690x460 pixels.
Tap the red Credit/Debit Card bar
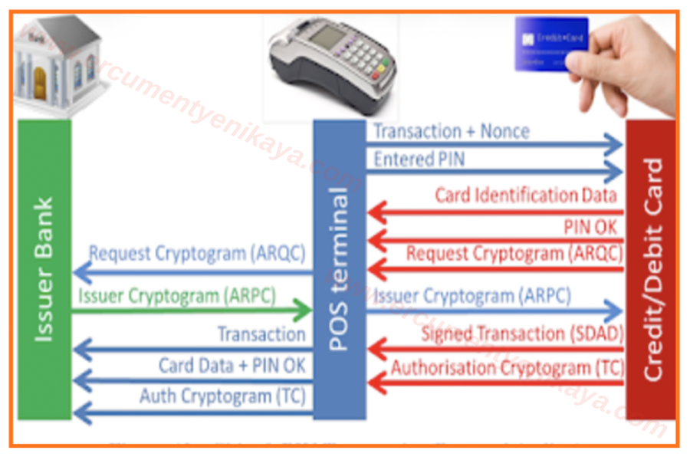pyautogui.click(x=651, y=268)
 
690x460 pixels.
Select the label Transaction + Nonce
pyautogui.click(x=452, y=131)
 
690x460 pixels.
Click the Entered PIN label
pyautogui.click(x=419, y=159)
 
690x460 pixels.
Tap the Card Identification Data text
pyautogui.click(x=526, y=195)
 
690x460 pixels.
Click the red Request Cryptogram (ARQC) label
pyautogui.click(x=514, y=253)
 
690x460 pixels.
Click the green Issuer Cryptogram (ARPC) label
pyautogui.click(x=176, y=295)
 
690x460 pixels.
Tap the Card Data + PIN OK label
pyautogui.click(x=232, y=365)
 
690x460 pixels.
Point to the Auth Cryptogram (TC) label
pyautogui.click(x=222, y=396)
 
